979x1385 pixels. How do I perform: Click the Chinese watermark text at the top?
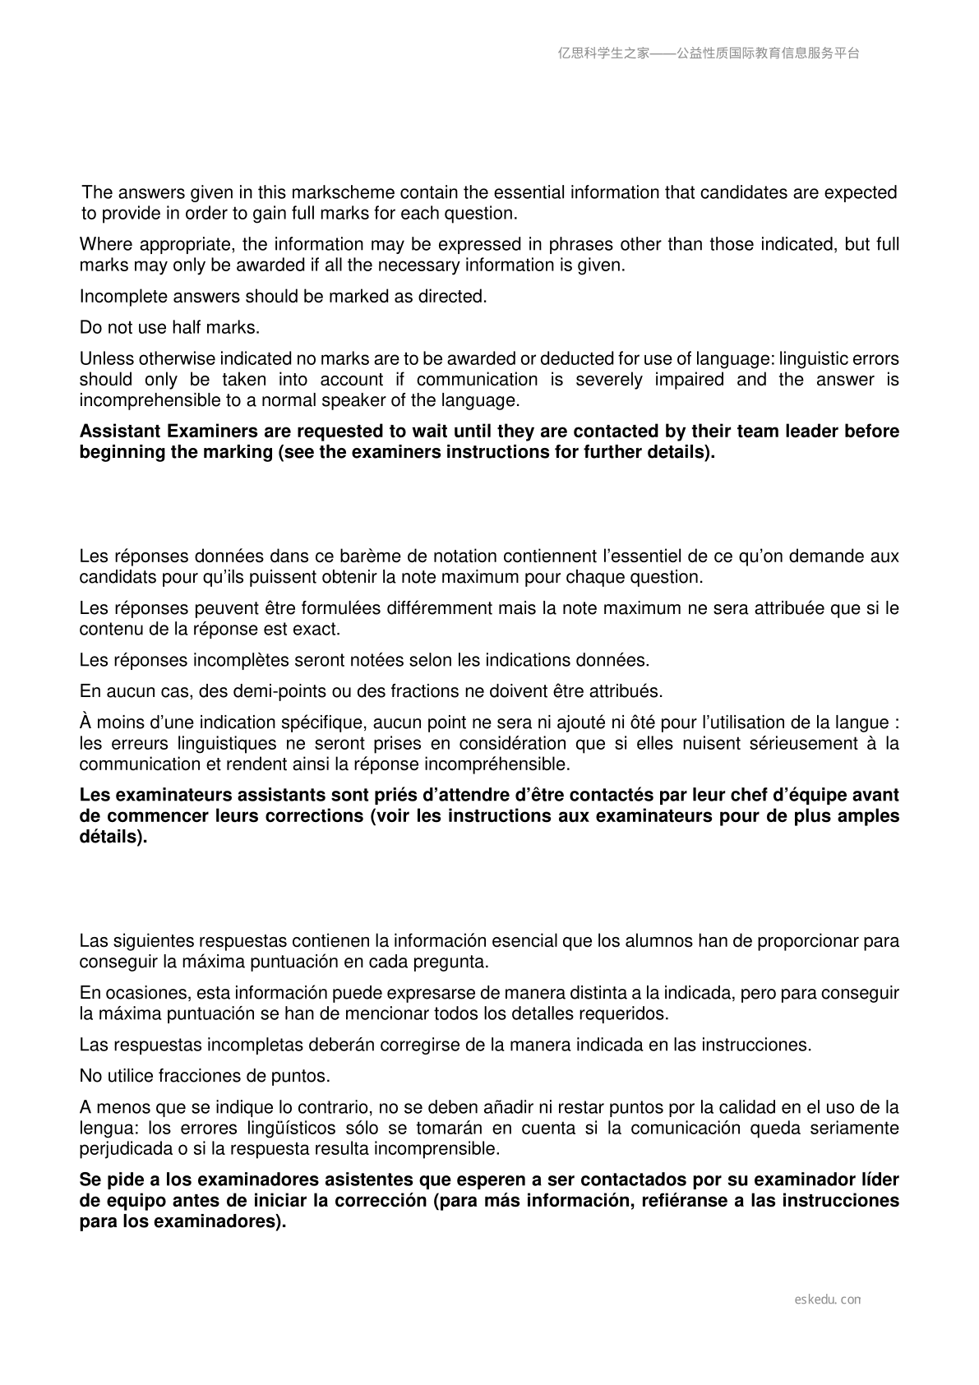pyautogui.click(x=709, y=53)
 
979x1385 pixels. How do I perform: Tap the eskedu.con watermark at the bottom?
pyautogui.click(x=828, y=1300)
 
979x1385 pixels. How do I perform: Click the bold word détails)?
pyautogui.click(x=113, y=838)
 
